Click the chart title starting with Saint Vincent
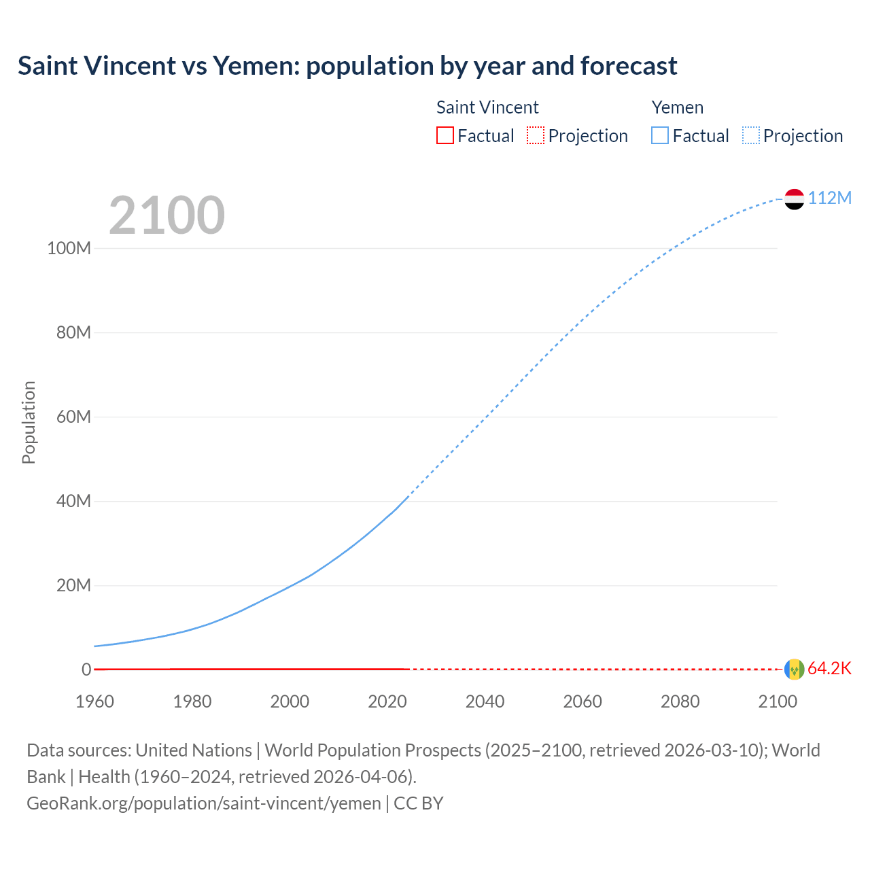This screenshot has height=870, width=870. tap(347, 66)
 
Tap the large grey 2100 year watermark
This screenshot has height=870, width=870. tap(167, 215)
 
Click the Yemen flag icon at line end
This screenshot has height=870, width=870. tap(794, 199)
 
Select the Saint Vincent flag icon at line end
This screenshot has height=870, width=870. tap(794, 669)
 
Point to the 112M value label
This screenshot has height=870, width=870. tap(829, 198)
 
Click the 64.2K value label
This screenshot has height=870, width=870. tap(829, 669)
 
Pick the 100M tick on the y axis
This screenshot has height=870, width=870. tap(69, 248)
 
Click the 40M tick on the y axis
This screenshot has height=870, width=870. tap(73, 502)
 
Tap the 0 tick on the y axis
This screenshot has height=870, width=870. tap(86, 670)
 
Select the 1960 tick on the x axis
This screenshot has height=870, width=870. tap(94, 701)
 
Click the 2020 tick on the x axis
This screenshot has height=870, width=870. tap(387, 701)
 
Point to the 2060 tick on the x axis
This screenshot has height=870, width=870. tap(582, 701)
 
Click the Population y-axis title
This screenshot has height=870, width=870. tap(29, 422)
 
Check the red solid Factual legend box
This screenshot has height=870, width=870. tap(445, 135)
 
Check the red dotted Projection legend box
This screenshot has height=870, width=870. tap(536, 135)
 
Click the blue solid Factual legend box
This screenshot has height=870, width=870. tap(659, 135)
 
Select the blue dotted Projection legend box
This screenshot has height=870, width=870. tap(750, 135)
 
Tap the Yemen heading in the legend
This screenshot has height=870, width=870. tap(677, 107)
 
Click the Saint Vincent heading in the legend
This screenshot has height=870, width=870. tap(487, 107)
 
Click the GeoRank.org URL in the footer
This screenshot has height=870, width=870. tap(203, 803)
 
